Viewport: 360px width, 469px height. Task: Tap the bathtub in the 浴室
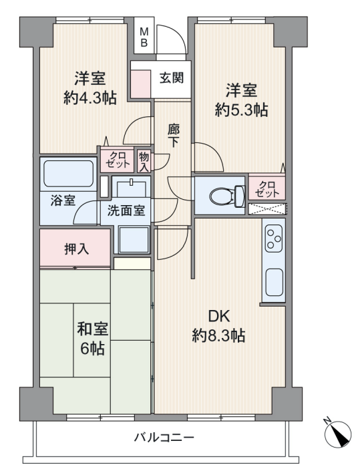click(x=69, y=174)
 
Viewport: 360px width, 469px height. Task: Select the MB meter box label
click(x=144, y=37)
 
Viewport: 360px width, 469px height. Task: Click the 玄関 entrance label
click(x=172, y=78)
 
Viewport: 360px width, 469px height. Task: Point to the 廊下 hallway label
click(x=174, y=136)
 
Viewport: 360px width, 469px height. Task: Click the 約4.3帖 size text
click(x=90, y=98)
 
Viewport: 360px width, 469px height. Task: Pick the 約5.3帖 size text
click(x=241, y=110)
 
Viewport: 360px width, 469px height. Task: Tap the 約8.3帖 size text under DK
click(x=218, y=335)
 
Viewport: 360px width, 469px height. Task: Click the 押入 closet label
click(x=77, y=249)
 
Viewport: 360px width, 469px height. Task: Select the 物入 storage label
click(x=144, y=162)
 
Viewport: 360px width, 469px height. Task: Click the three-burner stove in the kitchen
click(x=274, y=239)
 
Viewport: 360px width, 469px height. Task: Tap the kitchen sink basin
click(x=274, y=283)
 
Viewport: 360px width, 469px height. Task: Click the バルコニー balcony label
click(x=164, y=438)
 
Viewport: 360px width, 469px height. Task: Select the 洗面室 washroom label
click(x=126, y=211)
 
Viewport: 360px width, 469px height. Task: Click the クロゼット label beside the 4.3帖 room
click(x=117, y=160)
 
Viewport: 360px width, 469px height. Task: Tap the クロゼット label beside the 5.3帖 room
click(x=266, y=189)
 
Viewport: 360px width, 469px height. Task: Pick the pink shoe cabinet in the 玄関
click(x=140, y=84)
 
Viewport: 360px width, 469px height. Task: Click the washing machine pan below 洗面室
click(x=134, y=240)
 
